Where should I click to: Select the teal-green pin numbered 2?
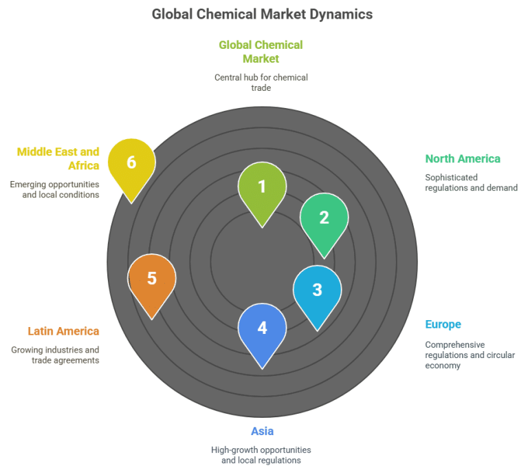pyautogui.click(x=324, y=218)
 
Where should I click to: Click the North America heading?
pyautogui.click(x=462, y=158)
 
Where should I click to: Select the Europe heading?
pyautogui.click(x=443, y=324)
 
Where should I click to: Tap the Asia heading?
pyautogui.click(x=262, y=431)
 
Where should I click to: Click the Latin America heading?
pyautogui.click(x=63, y=331)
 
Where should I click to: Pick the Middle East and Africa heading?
pyautogui.click(x=58, y=158)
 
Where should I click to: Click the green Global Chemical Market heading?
pyautogui.click(x=261, y=52)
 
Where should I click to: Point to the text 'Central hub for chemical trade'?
pyautogui.click(x=261, y=82)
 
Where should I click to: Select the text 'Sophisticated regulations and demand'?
pyautogui.click(x=471, y=182)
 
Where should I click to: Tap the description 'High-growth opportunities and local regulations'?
pyautogui.click(x=261, y=454)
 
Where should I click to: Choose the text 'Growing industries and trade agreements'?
pyautogui.click(x=55, y=355)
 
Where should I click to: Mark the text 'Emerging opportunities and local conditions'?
pyautogui.click(x=54, y=189)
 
